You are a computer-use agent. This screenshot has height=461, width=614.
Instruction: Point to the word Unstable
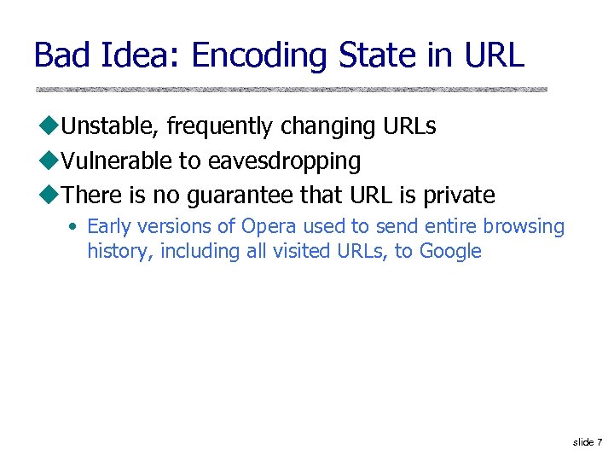(x=111, y=126)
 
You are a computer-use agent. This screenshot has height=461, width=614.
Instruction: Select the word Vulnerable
(x=116, y=160)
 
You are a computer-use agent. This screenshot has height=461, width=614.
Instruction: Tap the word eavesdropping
(x=285, y=161)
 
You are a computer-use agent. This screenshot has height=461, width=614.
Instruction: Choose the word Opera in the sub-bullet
(x=268, y=226)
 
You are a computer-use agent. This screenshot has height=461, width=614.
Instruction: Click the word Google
(x=449, y=252)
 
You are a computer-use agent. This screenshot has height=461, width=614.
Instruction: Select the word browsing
(x=524, y=227)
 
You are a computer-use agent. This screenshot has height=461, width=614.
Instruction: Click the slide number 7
(x=600, y=441)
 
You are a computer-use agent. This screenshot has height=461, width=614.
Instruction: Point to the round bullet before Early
(x=74, y=227)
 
